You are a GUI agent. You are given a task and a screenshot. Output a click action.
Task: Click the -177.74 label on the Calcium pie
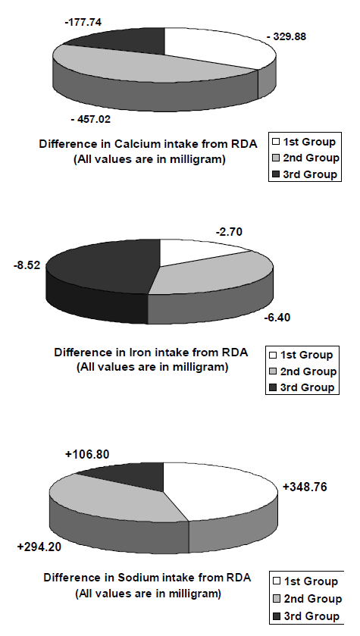click(83, 22)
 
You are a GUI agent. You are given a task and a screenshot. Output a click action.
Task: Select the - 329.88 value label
click(286, 36)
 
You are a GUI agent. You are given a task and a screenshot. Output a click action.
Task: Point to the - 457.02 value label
click(90, 119)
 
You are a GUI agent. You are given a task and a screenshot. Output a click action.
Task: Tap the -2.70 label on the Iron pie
click(229, 232)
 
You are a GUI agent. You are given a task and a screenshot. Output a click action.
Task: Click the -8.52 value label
click(27, 266)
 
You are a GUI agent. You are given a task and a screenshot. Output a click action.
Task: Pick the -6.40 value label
click(277, 317)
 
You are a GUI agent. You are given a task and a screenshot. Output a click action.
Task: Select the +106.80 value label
click(87, 455)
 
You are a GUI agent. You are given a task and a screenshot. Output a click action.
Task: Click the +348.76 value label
click(305, 487)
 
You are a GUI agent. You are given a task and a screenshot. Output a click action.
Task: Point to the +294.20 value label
click(39, 547)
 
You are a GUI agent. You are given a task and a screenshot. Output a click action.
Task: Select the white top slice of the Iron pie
click(195, 251)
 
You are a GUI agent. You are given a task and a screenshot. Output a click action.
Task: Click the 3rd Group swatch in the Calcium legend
click(276, 174)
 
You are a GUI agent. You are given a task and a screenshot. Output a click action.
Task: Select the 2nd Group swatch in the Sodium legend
click(277, 599)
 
